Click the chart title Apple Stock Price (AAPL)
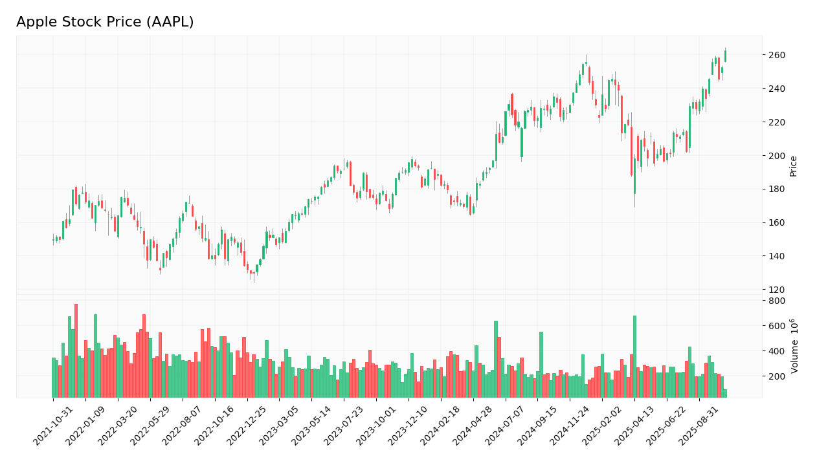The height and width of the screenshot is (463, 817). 105,23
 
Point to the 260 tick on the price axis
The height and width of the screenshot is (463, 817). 777,56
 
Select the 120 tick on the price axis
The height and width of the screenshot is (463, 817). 777,290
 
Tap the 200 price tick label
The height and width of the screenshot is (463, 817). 777,156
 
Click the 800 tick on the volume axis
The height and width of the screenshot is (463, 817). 777,301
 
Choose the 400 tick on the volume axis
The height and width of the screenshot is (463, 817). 777,351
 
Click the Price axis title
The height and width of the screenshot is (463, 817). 793,166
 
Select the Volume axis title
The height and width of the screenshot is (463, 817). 794,345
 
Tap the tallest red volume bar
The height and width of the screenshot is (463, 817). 76,350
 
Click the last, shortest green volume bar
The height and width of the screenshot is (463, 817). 725,393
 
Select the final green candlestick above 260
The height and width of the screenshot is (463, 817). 725,56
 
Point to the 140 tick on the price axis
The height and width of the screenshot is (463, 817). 777,256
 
